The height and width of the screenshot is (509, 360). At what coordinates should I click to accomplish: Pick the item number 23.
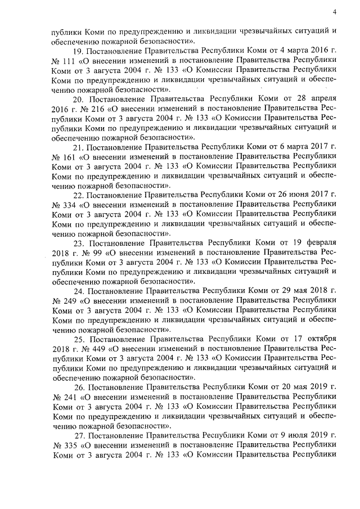pyautogui.click(x=79, y=244)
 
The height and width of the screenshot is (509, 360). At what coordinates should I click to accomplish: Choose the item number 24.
pyautogui.click(x=79, y=291)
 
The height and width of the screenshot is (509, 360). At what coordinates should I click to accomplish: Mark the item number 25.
pyautogui.click(x=79, y=340)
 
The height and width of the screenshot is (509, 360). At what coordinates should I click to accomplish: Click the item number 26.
pyautogui.click(x=79, y=388)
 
